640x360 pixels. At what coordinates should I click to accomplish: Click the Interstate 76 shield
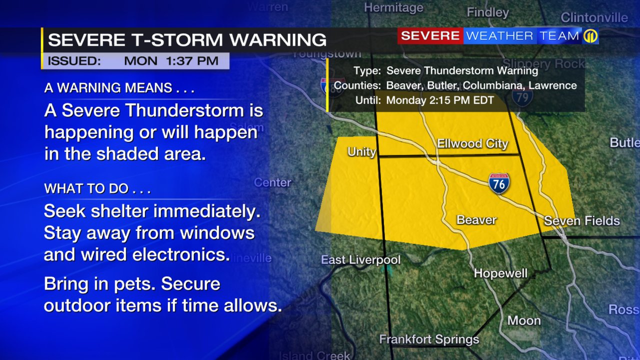tap(499, 183)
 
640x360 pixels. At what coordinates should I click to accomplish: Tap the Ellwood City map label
tap(472, 144)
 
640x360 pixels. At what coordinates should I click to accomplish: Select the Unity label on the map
tap(361, 151)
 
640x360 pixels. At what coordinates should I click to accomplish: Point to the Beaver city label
tap(476, 219)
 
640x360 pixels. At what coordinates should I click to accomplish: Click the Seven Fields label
tap(581, 220)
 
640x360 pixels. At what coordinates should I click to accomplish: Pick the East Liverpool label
tap(360, 260)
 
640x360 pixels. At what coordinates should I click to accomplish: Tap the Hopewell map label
tap(500, 273)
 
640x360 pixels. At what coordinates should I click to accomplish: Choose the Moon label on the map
tap(524, 320)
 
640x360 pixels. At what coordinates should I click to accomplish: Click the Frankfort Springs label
tap(429, 339)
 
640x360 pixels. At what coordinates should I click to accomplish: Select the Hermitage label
tap(393, 7)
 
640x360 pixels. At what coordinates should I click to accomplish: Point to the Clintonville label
tap(594, 17)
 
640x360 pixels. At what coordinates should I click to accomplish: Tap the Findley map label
tap(487, 12)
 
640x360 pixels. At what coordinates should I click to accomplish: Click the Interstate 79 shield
tap(522, 96)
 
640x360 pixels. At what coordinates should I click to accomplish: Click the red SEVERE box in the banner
tap(430, 36)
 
